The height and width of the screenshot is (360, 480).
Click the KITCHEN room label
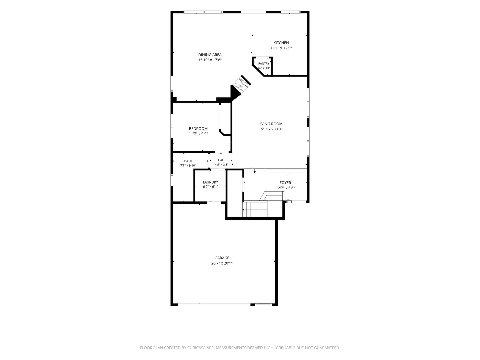pyautogui.click(x=281, y=43)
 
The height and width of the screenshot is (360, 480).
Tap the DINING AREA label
pyautogui.click(x=210, y=55)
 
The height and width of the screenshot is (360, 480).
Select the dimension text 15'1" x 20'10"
pyautogui.click(x=270, y=129)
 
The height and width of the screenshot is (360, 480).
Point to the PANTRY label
pyautogui.click(x=264, y=64)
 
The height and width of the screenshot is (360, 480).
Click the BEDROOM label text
pyautogui.click(x=198, y=129)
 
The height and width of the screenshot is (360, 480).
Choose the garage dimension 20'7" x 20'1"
pyautogui.click(x=222, y=263)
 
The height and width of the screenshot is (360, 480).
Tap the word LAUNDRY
pyautogui.click(x=210, y=182)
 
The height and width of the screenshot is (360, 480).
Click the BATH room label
pyautogui.click(x=188, y=161)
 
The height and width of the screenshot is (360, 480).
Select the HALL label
pyautogui.click(x=222, y=160)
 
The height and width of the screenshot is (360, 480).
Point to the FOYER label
pyautogui.click(x=285, y=183)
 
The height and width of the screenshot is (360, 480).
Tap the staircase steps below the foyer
pyautogui.click(x=255, y=209)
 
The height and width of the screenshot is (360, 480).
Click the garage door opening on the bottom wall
pyautogui.click(x=214, y=304)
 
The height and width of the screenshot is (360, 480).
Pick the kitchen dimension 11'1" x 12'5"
pyautogui.click(x=281, y=48)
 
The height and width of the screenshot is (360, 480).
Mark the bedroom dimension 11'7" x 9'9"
pyautogui.click(x=198, y=134)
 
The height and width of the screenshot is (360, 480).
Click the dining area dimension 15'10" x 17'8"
pyautogui.click(x=210, y=60)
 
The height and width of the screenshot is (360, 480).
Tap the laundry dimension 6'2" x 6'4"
pyautogui.click(x=210, y=187)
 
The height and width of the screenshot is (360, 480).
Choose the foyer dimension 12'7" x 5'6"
pyautogui.click(x=285, y=188)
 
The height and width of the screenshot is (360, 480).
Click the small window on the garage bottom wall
pyautogui.click(x=264, y=304)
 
